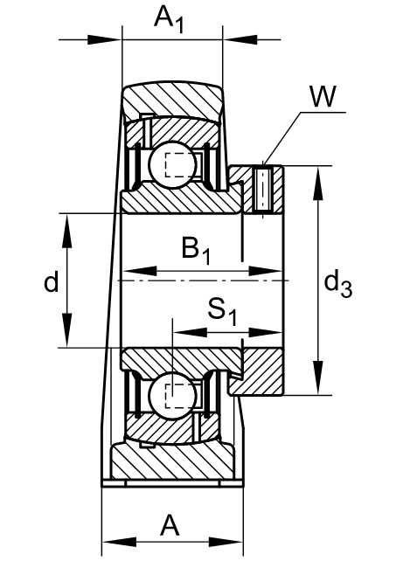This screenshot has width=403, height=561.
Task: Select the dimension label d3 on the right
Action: point(339,281)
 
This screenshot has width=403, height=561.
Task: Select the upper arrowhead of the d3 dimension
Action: point(317,172)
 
